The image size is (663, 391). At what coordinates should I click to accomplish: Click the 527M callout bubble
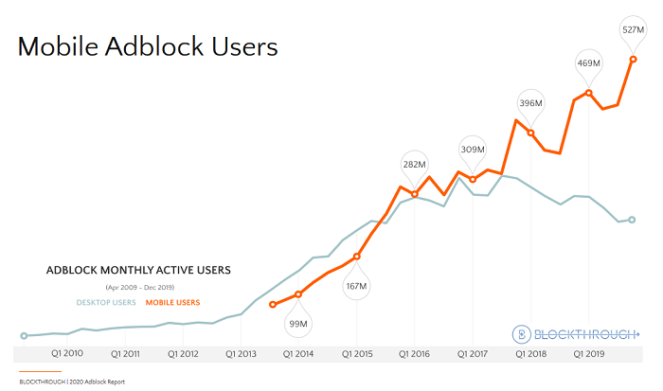tap(631, 28)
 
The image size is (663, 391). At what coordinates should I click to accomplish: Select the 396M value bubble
tap(530, 102)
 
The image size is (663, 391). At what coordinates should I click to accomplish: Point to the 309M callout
tap(473, 149)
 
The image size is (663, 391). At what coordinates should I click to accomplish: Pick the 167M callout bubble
tap(356, 286)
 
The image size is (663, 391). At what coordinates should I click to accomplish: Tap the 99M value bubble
tap(298, 324)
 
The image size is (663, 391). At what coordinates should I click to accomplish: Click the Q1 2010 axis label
tap(67, 354)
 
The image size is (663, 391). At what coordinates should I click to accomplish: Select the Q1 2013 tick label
tap(242, 354)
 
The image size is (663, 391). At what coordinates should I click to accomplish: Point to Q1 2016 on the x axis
tap(415, 354)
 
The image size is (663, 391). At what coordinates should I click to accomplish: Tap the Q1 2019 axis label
tap(589, 354)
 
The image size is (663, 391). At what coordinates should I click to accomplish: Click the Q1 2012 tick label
tap(183, 354)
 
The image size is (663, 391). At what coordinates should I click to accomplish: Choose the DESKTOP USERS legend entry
tap(106, 303)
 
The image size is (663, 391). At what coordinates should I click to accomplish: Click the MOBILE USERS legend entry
tap(172, 303)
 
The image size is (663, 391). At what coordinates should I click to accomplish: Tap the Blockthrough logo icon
tap(520, 333)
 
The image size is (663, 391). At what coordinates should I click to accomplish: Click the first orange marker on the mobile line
tap(273, 304)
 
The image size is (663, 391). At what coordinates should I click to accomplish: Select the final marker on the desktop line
tap(632, 220)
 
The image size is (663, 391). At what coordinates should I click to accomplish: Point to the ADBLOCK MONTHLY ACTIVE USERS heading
tap(138, 271)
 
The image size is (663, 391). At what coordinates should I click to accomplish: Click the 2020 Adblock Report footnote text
tap(93, 382)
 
